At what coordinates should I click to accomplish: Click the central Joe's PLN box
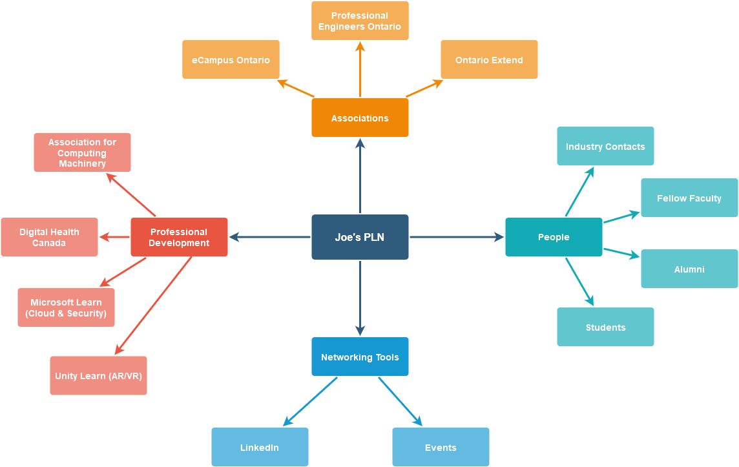[x=360, y=237]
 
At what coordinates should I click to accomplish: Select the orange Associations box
[x=360, y=118]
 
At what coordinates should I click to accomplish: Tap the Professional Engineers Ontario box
[x=360, y=21]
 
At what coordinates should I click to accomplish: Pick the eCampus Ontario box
[x=231, y=59]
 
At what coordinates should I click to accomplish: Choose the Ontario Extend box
[x=489, y=59]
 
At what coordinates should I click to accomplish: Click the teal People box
[x=554, y=237]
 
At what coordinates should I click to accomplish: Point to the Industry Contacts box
[x=605, y=146]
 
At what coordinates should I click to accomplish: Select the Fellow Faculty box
[x=689, y=198]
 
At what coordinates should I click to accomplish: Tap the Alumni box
[x=689, y=269]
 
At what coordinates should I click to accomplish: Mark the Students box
[x=605, y=327]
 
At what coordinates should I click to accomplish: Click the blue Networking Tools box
[x=360, y=357]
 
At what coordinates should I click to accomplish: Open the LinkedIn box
[x=260, y=447]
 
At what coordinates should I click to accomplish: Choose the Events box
[x=441, y=447]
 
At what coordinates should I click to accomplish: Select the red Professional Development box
[x=179, y=237]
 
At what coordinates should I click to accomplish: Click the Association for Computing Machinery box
[x=82, y=152]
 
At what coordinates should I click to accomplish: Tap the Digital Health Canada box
[x=49, y=237]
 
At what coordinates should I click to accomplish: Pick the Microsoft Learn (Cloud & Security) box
[x=66, y=307]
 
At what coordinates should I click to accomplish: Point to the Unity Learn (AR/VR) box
[x=98, y=375]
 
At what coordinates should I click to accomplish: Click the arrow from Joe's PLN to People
[x=457, y=237]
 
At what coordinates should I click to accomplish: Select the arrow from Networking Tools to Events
[x=400, y=401]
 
